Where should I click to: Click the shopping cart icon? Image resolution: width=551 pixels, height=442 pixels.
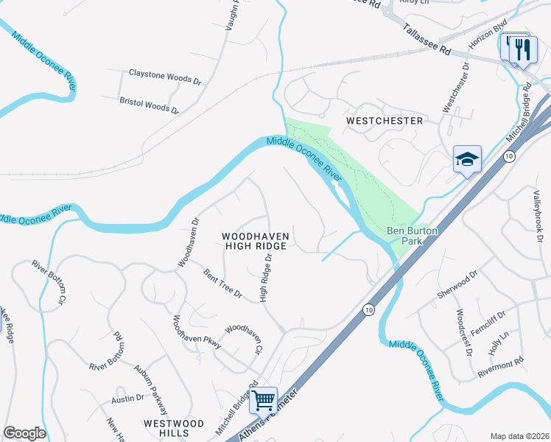[x=263, y=400]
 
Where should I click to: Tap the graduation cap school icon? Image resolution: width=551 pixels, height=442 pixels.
[x=467, y=158]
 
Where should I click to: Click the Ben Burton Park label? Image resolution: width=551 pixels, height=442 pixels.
[x=413, y=236]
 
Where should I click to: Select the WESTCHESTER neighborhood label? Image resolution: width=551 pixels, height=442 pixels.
[x=385, y=120]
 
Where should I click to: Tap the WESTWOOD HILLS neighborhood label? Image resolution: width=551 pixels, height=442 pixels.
[x=173, y=428]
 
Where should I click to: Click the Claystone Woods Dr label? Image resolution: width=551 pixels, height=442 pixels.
[x=165, y=75]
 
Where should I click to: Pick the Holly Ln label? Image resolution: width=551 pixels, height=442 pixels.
[x=500, y=341]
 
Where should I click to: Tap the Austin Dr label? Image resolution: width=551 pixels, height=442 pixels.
[x=127, y=399]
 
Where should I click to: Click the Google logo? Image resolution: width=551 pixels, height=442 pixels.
[x=24, y=433]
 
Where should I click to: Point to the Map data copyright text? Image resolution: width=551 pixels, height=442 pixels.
[x=519, y=436]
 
